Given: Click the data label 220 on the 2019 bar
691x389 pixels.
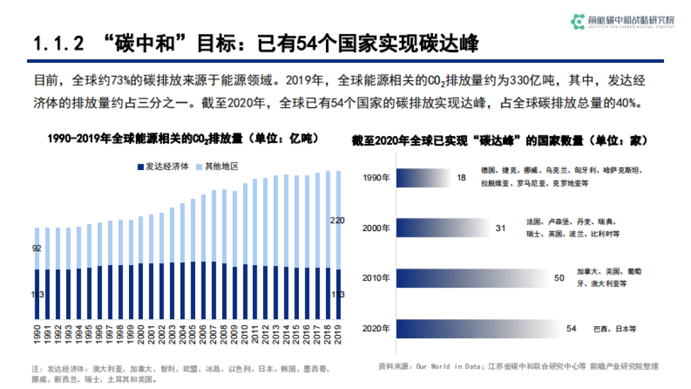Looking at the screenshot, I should click(337, 220).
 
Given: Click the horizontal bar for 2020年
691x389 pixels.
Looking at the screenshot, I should click(478, 328).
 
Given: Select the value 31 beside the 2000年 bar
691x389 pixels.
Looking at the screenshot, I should click(500, 228).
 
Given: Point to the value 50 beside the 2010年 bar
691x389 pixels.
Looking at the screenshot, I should click(559, 278).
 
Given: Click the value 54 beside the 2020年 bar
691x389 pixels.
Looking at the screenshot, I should click(571, 328).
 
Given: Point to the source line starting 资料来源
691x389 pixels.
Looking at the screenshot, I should click(518, 366).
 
